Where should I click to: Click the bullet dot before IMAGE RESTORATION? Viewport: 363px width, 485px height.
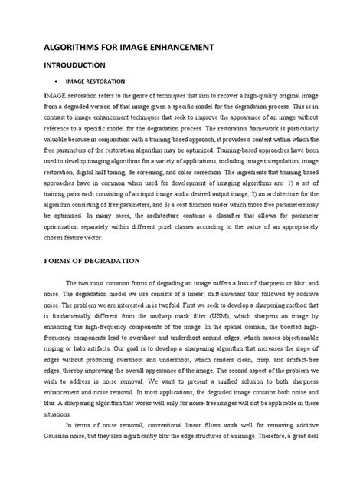coord(59,81)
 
